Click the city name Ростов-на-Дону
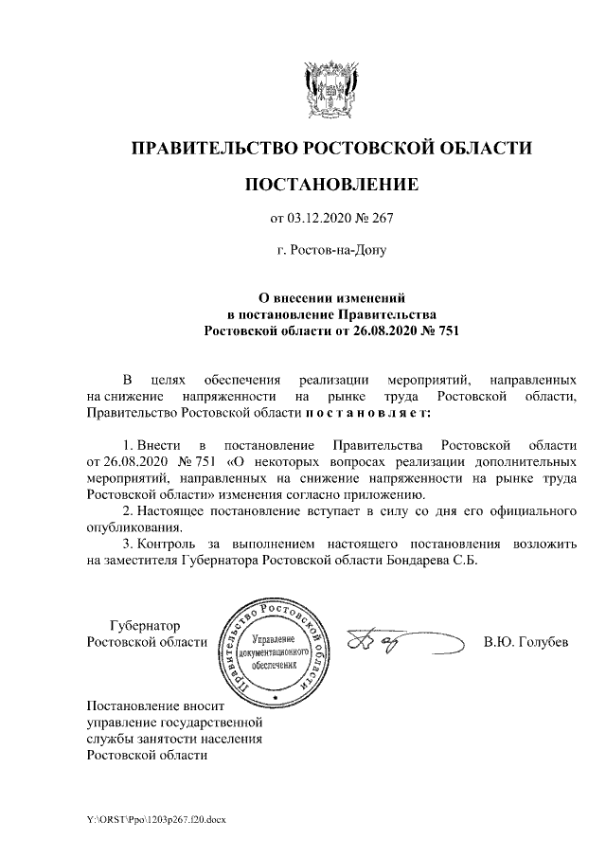330,252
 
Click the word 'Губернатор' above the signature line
145,626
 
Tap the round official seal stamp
274,652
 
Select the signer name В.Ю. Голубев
526,643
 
